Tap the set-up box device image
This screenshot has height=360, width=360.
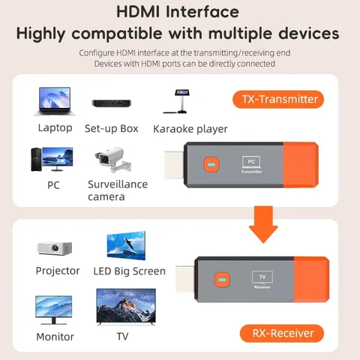pyautogui.click(x=111, y=103)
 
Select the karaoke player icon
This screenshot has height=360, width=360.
pyautogui.click(x=180, y=101)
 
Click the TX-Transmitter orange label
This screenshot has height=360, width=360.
pyautogui.click(x=280, y=99)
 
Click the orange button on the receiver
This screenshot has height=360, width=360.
pyautogui.click(x=221, y=281)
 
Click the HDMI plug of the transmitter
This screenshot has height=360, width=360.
pyautogui.click(x=173, y=165)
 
